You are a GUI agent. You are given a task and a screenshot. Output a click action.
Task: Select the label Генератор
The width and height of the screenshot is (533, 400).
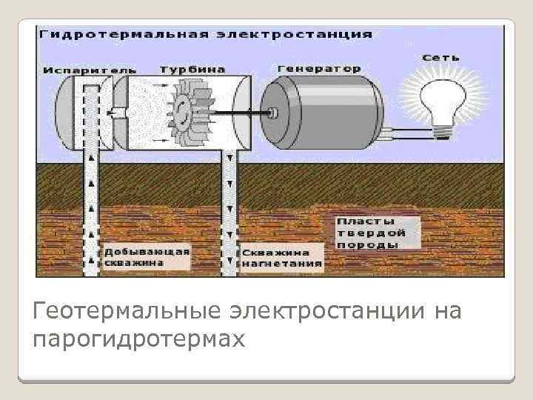pos(319,68)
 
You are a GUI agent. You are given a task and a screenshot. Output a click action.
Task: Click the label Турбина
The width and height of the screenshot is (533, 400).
pos(192,68)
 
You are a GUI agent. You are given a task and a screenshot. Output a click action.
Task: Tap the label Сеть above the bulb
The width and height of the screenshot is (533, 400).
pos(442,57)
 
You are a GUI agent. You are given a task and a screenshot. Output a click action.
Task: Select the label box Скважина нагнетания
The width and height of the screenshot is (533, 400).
pos(281,256)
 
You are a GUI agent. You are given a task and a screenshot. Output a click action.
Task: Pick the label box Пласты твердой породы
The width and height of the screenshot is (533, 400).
pos(368,232)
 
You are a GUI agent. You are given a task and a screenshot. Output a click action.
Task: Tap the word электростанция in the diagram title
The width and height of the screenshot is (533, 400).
pos(296,34)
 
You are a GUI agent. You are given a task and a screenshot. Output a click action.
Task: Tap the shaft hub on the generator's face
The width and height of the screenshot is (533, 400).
pos(274,113)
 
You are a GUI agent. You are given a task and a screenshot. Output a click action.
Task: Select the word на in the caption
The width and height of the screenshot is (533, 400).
pos(447,311)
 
